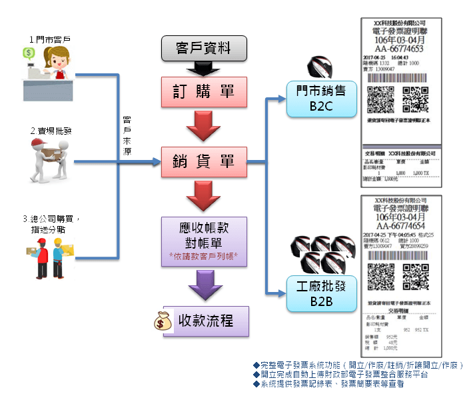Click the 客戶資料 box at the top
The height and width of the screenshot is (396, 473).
click(204, 47)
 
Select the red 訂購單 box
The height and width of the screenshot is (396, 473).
click(204, 91)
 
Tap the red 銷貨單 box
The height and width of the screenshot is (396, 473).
click(204, 161)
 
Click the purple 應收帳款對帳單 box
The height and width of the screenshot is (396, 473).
click(204, 240)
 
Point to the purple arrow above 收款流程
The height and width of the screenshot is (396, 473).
click(204, 287)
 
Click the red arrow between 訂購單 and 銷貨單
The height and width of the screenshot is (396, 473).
click(204, 126)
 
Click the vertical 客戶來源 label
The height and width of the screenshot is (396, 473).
click(127, 136)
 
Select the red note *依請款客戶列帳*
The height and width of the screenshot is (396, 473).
click(204, 255)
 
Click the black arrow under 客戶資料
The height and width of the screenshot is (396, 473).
click(204, 68)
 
